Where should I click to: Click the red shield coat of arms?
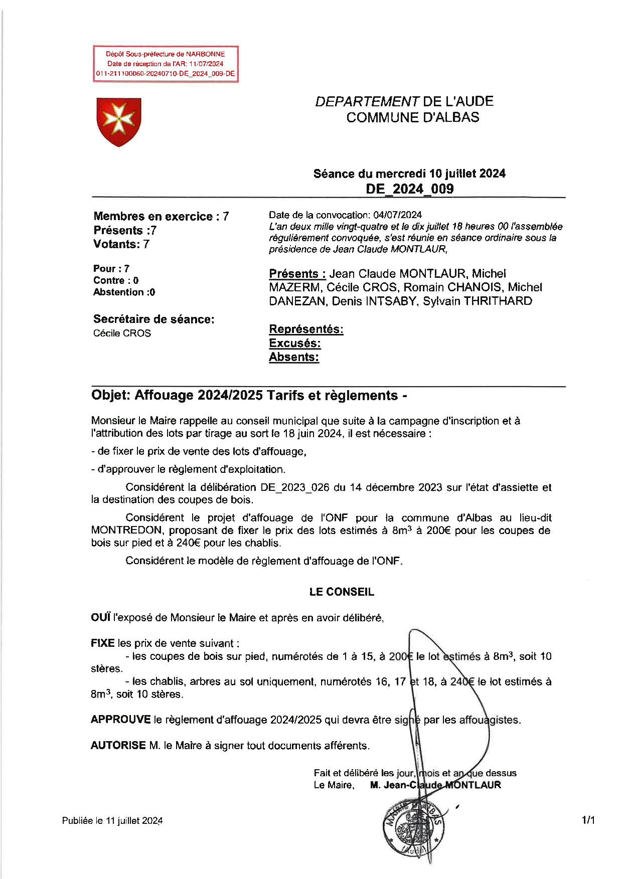(x=119, y=121)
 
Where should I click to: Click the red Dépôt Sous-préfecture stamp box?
(x=165, y=64)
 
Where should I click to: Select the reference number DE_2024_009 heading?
(x=409, y=189)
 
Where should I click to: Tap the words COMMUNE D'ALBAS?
(x=412, y=117)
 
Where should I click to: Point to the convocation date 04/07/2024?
(x=397, y=215)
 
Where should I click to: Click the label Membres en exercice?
(x=153, y=217)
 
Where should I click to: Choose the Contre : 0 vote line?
(x=116, y=280)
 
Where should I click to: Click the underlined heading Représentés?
(x=306, y=329)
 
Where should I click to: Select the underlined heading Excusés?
(x=295, y=343)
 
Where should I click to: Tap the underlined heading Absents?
(x=294, y=357)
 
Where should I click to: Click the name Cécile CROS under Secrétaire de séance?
(x=122, y=333)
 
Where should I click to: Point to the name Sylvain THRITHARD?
(x=477, y=301)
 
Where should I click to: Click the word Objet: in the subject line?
(x=111, y=396)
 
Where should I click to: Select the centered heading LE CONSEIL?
(x=342, y=592)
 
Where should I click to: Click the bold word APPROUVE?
(x=120, y=720)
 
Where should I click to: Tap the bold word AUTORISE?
(x=118, y=746)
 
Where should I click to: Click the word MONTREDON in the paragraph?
(x=126, y=531)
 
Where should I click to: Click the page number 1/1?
(x=588, y=821)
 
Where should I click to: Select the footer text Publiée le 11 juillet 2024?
(x=112, y=821)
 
